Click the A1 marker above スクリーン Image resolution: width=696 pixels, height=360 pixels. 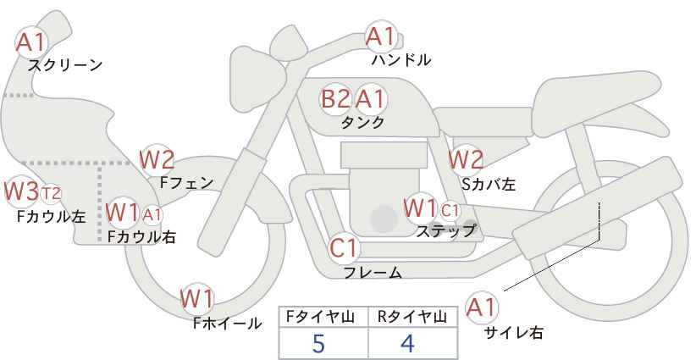point(31,43)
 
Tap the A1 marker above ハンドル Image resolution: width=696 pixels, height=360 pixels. point(381,36)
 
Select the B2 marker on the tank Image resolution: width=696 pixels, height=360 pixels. point(335,98)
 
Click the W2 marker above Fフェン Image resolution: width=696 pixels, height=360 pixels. point(157,160)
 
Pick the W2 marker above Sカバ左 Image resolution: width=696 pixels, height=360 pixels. point(465,160)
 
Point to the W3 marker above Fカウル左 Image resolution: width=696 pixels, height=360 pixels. point(21,191)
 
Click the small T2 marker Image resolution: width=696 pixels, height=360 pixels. point(51,193)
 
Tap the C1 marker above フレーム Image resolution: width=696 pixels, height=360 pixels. point(344,248)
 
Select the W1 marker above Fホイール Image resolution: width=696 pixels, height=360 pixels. point(197,299)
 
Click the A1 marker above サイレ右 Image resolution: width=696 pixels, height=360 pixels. point(482,307)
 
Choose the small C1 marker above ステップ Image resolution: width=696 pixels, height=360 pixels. point(450,210)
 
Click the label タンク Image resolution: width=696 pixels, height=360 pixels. point(362,123)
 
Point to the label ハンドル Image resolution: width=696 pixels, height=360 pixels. point(400,59)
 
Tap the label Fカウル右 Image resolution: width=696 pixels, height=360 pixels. point(141,236)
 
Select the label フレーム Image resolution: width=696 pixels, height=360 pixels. point(373,273)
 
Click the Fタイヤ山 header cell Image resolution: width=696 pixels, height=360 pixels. point(323,317)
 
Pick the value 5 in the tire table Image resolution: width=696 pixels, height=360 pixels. point(318,343)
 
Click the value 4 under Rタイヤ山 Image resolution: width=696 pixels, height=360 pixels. point(407,343)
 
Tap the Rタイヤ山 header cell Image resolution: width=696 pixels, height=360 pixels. point(413,317)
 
